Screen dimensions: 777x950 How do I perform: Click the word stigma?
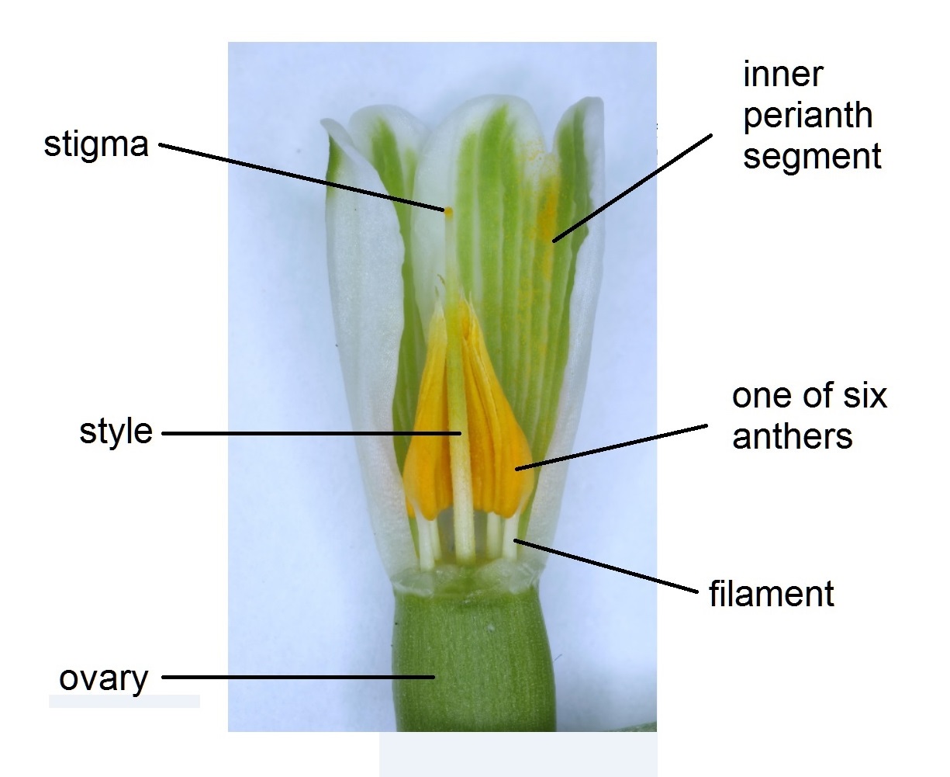pos(95,144)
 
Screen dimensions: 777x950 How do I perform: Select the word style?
pos(116,432)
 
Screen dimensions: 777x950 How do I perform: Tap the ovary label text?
pos(103,678)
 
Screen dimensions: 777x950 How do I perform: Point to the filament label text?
pos(771,595)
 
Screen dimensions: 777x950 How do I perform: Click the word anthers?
pos(792,436)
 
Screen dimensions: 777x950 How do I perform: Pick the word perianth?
pos(807,116)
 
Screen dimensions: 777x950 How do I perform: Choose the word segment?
pos(812,156)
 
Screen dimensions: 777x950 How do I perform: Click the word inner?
pos(782,75)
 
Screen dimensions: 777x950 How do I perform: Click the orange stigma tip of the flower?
pos(447,209)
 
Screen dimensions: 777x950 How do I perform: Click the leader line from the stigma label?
pos(302,176)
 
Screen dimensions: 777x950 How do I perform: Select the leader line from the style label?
pos(310,433)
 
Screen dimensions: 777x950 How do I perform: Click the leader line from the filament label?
pos(605,567)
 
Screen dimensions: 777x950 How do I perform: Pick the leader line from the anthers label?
pos(613,446)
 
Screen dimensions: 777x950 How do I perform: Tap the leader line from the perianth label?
pos(632,187)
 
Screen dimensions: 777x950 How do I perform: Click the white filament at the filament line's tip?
pos(510,539)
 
